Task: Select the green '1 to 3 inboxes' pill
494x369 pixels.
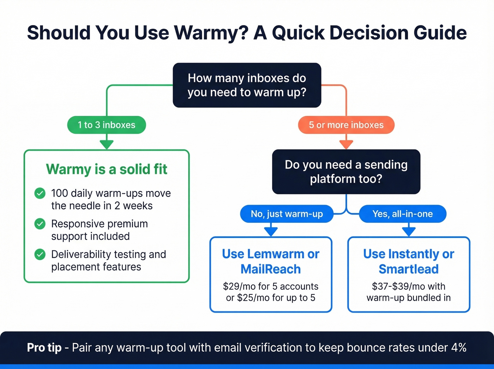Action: pyautogui.click(x=107, y=125)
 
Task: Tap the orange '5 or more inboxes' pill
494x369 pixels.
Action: pyautogui.click(x=346, y=125)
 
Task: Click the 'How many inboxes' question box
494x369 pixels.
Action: pyautogui.click(x=247, y=85)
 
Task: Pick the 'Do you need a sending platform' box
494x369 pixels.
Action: pyautogui.click(x=346, y=172)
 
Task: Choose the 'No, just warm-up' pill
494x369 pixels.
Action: pyautogui.click(x=287, y=214)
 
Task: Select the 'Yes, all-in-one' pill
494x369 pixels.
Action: pyautogui.click(x=403, y=214)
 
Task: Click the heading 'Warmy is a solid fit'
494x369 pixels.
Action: pyautogui.click(x=107, y=169)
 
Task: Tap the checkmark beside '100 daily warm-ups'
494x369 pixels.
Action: pyautogui.click(x=40, y=193)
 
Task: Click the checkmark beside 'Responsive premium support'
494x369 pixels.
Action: pyautogui.click(x=40, y=224)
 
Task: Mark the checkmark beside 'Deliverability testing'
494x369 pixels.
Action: pyautogui.click(x=40, y=254)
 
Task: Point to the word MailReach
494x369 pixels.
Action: pyautogui.click(x=271, y=269)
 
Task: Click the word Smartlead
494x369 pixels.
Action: pyautogui.click(x=409, y=269)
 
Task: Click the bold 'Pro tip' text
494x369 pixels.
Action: pyautogui.click(x=44, y=347)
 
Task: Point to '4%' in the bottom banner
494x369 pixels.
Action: pyautogui.click(x=459, y=347)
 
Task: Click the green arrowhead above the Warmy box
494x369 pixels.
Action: pyautogui.click(x=107, y=144)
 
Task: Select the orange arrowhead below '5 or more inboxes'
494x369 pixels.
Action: pyautogui.click(x=346, y=144)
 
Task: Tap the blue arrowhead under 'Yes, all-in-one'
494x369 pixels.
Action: pyautogui.click(x=409, y=232)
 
